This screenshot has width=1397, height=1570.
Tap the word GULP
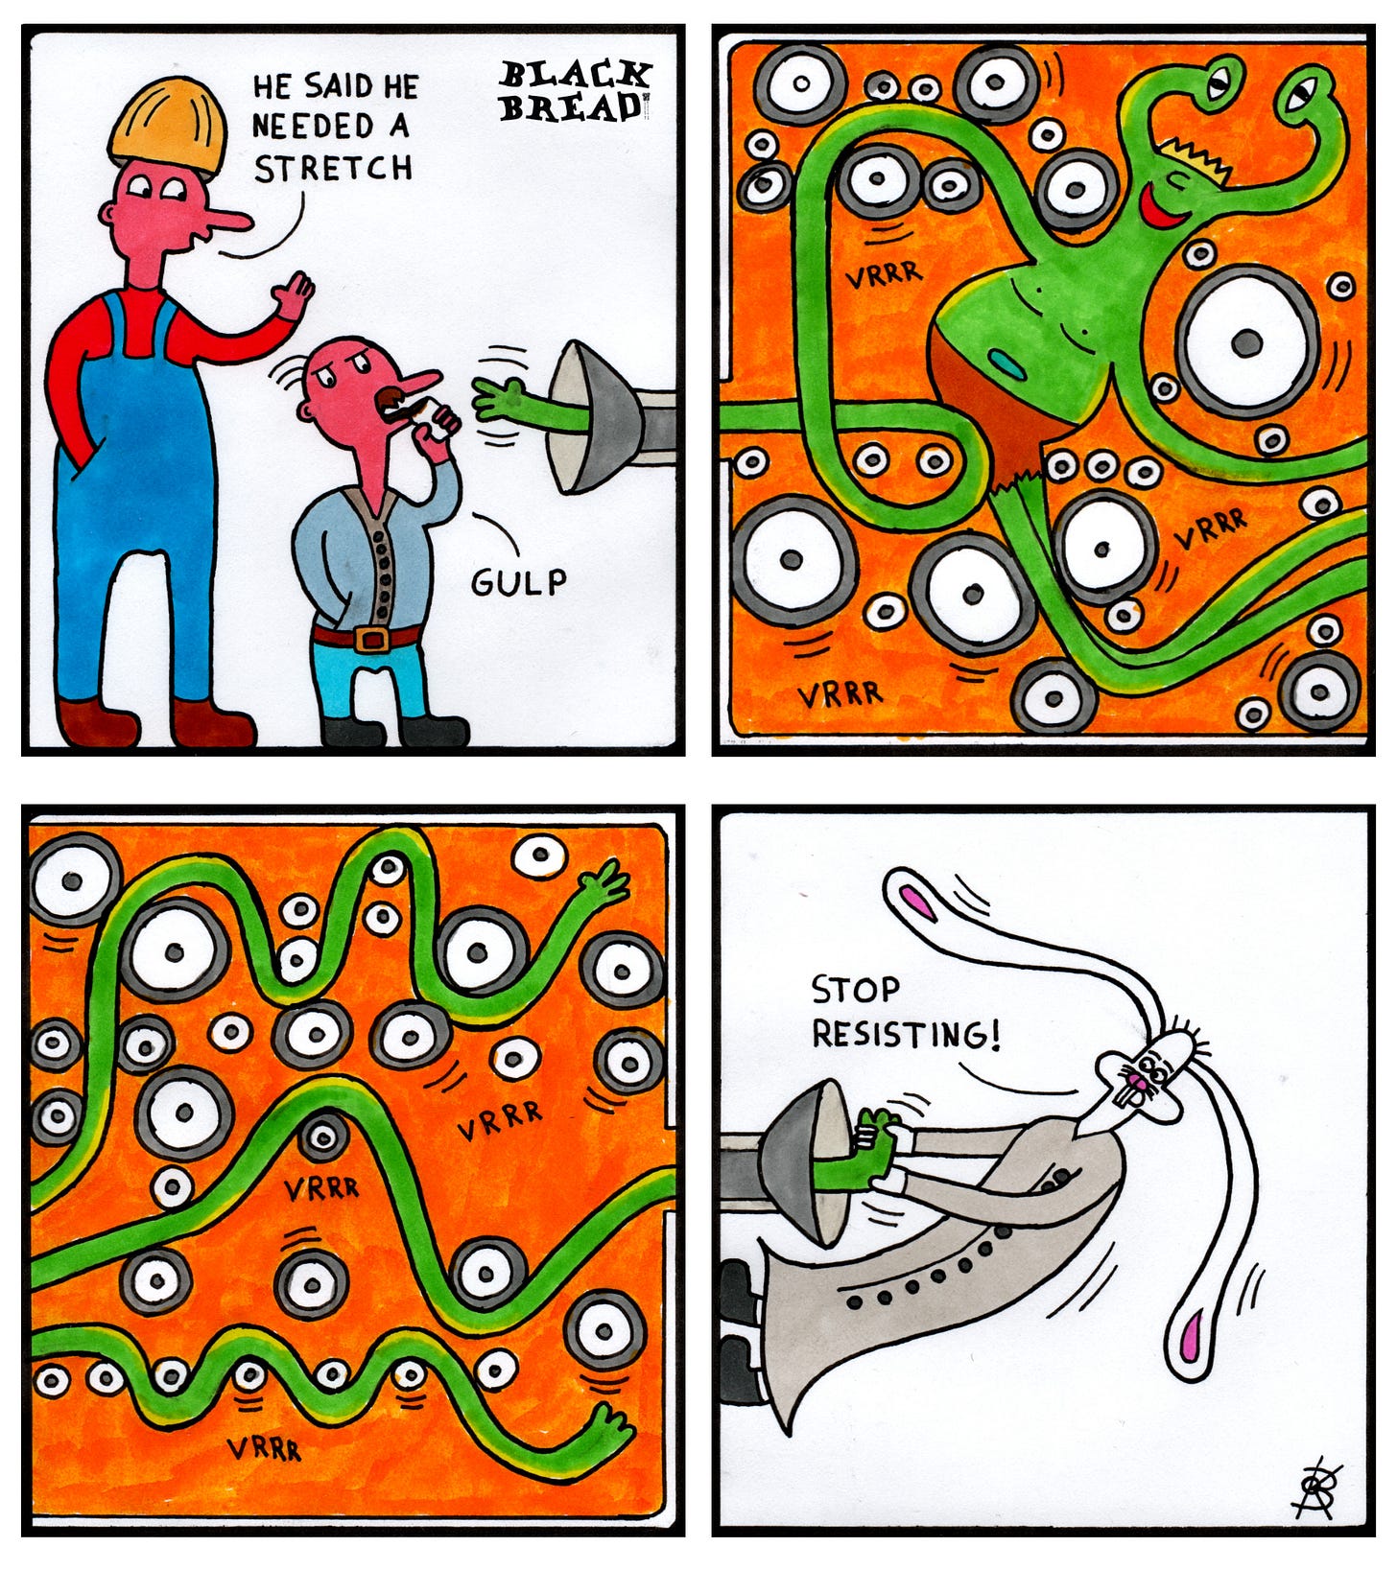518,581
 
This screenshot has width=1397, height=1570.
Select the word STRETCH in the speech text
333,169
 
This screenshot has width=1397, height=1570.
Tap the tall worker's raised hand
292,294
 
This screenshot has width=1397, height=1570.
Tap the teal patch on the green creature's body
1006,362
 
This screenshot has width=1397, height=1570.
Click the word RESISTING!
906,1034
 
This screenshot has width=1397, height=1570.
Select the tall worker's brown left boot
99,722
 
